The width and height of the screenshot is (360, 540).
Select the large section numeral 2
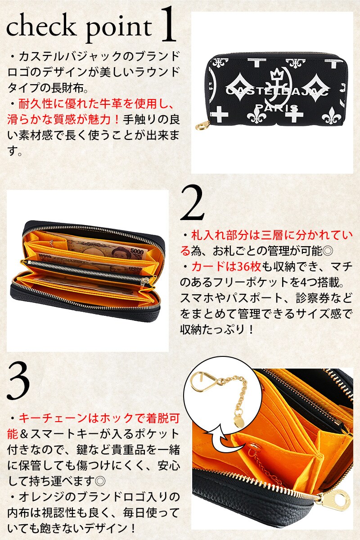(193, 203)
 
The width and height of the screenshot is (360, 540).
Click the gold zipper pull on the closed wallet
(202, 126)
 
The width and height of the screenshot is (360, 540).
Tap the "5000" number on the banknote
(137, 251)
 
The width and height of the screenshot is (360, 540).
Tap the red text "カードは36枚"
(226, 266)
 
